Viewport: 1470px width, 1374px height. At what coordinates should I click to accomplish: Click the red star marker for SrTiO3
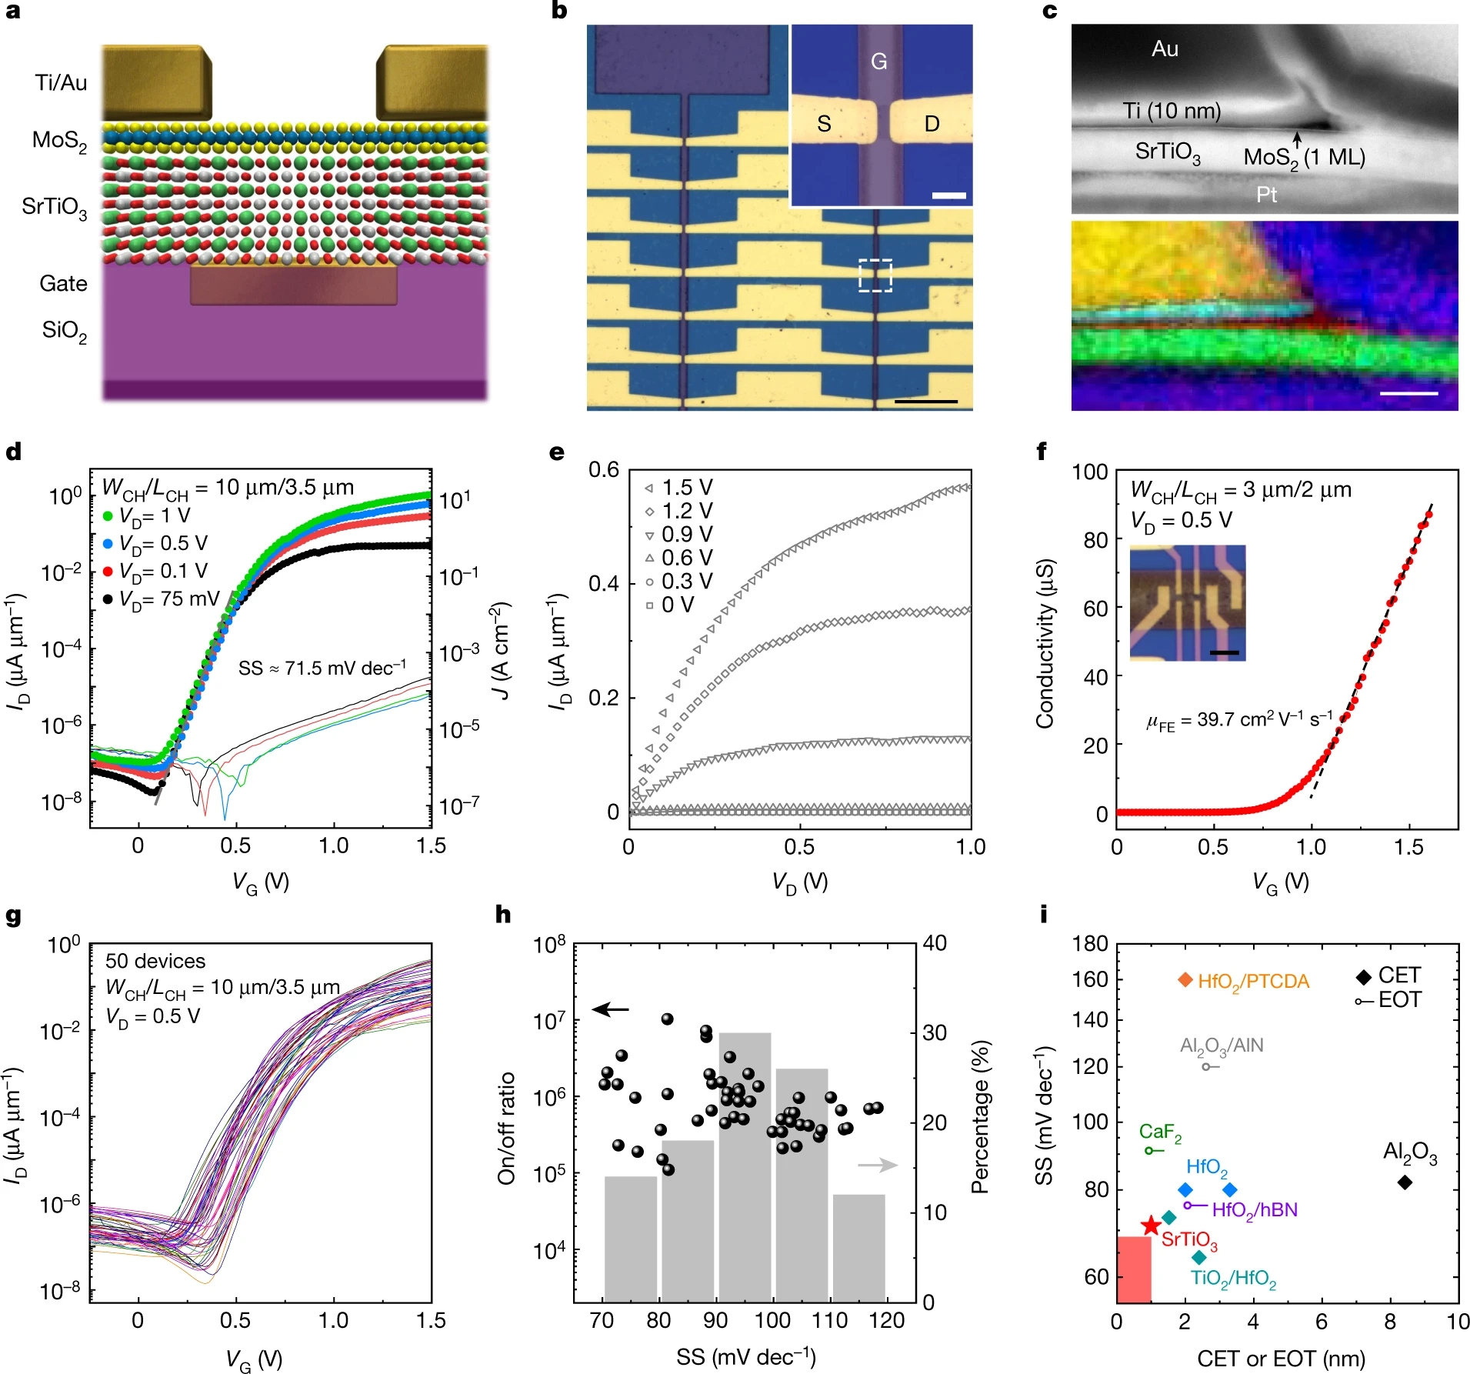(x=1150, y=1226)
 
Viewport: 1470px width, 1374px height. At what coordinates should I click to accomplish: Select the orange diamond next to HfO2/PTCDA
(x=1185, y=979)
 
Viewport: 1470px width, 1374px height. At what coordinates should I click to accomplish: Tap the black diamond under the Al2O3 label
(x=1405, y=1182)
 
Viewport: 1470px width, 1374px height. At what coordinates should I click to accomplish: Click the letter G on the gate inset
(x=878, y=62)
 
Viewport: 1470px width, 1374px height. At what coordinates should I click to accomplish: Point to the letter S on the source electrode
(x=824, y=124)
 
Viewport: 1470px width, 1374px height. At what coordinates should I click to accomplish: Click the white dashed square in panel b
(x=875, y=275)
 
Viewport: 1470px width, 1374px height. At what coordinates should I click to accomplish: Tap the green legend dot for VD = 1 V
(x=108, y=515)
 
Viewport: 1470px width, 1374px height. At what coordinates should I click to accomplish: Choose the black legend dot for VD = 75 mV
(x=108, y=599)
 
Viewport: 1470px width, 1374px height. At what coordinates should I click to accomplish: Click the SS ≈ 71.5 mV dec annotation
(x=322, y=667)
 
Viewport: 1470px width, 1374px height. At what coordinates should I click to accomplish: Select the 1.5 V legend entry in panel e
(x=678, y=488)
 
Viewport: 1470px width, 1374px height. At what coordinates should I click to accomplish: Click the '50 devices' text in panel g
(x=155, y=961)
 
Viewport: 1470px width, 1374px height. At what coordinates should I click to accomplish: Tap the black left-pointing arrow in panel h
(x=611, y=1009)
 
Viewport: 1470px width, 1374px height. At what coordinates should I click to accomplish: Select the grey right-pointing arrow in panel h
(x=878, y=1165)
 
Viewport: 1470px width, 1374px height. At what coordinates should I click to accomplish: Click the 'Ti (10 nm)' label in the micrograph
(x=1172, y=112)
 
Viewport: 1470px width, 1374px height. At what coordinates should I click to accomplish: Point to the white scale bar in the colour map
(x=1408, y=393)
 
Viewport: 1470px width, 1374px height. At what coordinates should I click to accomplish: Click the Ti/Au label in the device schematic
(x=61, y=83)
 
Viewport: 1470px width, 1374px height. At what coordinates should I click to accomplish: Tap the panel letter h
(x=503, y=915)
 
